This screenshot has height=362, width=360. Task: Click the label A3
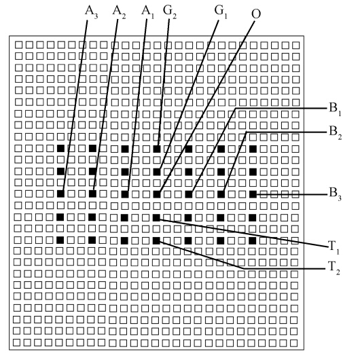pyautogui.click(x=91, y=12)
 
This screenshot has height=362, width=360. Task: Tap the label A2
pyautogui.click(x=119, y=12)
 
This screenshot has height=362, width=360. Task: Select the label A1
pyautogui.click(x=147, y=12)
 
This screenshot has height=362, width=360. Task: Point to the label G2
pyautogui.click(x=170, y=12)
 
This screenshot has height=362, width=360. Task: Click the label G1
pyautogui.click(x=221, y=12)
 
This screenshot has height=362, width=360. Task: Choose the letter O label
pyautogui.click(x=256, y=14)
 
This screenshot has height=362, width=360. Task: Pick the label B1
pyautogui.click(x=335, y=109)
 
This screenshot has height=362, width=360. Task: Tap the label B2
pyautogui.click(x=336, y=132)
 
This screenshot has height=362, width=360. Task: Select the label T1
pyautogui.click(x=334, y=247)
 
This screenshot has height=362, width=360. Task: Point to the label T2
pyautogui.click(x=334, y=268)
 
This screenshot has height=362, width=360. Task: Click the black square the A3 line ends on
pyautogui.click(x=60, y=194)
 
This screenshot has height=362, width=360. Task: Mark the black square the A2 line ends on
pyautogui.click(x=92, y=194)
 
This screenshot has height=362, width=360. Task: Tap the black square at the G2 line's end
pyautogui.click(x=157, y=149)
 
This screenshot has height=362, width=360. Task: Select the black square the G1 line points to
pyautogui.click(x=157, y=172)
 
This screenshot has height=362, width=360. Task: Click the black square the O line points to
pyautogui.click(x=157, y=194)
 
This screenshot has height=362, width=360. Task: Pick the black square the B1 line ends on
pyautogui.click(x=189, y=194)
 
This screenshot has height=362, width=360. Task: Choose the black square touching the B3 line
pyautogui.click(x=253, y=194)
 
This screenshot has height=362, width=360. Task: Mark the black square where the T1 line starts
pyautogui.click(x=156, y=217)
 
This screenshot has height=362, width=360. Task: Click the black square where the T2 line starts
pyautogui.click(x=156, y=240)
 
